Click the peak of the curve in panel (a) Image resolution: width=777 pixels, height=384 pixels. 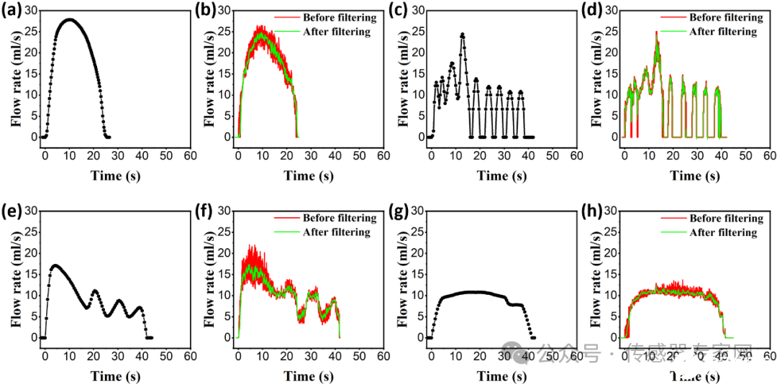point(70,19)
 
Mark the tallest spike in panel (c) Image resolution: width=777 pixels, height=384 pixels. point(463,34)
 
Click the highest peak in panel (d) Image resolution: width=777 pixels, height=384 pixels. point(656,32)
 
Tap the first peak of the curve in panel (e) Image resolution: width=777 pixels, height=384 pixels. point(55,265)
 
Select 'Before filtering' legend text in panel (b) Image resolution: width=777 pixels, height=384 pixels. point(329,17)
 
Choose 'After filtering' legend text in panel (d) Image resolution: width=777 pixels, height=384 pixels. point(722,32)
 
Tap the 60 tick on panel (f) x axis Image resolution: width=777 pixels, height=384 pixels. point(383,355)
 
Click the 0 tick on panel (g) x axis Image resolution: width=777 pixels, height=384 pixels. point(431,355)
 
